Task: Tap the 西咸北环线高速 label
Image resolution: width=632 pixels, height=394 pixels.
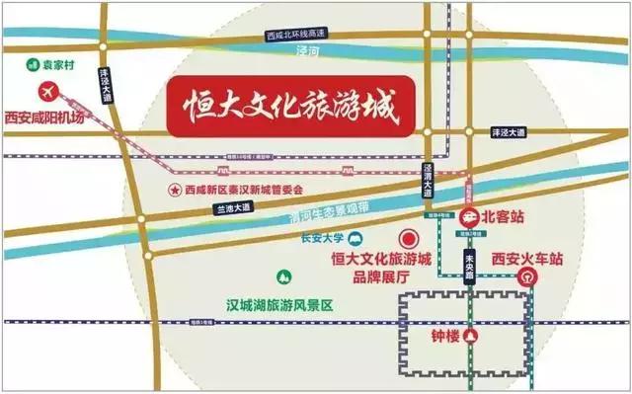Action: (x=296, y=35)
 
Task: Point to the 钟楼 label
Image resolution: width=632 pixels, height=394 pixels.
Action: (x=446, y=336)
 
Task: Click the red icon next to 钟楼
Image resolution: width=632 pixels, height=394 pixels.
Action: (x=474, y=336)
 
